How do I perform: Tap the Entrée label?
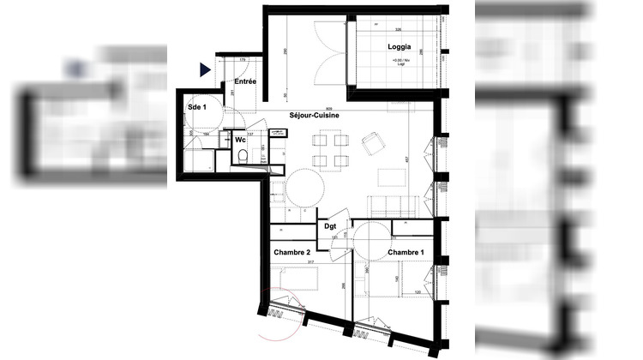(246, 81)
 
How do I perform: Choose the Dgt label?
(330, 225)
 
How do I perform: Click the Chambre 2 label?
(291, 253)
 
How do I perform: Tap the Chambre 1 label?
(406, 253)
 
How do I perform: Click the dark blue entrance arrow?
(205, 70)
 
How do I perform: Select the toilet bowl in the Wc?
(243, 157)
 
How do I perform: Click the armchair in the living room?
(373, 144)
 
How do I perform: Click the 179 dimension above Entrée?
(243, 59)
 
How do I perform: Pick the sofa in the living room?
(394, 205)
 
